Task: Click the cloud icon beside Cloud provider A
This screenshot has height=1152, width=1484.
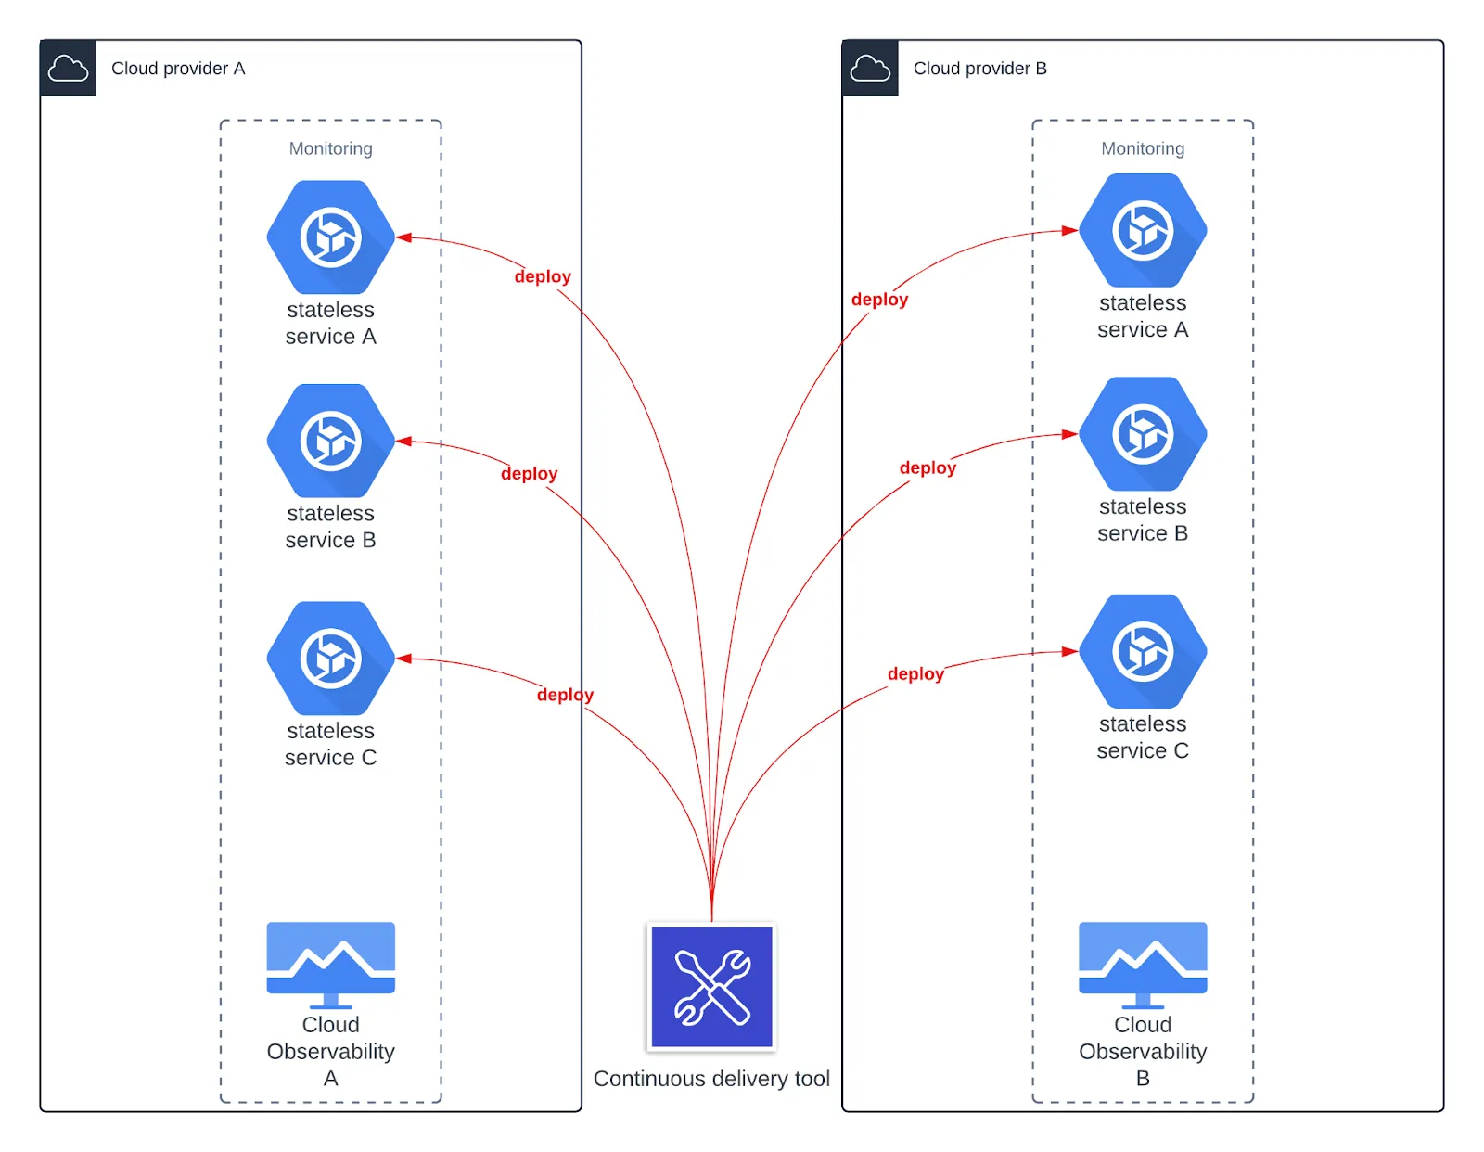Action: coord(68,68)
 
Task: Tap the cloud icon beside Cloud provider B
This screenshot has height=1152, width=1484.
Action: coord(870,68)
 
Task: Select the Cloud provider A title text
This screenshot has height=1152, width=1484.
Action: coord(178,69)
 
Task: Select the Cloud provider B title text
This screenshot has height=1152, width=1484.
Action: coord(979,69)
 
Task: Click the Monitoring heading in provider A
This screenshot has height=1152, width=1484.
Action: coord(330,148)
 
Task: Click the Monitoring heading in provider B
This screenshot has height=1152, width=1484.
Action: coord(1143,148)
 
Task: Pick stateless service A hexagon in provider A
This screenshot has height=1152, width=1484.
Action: coord(331,237)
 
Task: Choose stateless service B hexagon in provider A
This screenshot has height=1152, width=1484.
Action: coord(331,441)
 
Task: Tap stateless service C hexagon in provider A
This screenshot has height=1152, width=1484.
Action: coord(331,658)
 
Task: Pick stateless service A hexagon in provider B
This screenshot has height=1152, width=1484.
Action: coord(1143,230)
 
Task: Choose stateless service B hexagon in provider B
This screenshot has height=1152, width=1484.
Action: coord(1143,433)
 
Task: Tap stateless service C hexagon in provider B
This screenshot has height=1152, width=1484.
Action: coord(1143,651)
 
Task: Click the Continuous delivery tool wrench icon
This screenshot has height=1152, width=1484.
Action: coord(711,987)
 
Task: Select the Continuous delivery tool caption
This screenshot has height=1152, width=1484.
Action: coord(711,1079)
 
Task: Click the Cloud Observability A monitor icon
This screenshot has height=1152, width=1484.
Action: coord(331,963)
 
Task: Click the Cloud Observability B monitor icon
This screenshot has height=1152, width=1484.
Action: coord(1143,963)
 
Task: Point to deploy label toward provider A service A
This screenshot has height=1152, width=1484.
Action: coord(543,276)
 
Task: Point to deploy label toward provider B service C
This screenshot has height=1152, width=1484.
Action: coord(915,674)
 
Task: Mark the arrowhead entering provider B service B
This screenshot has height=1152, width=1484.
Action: coord(1069,433)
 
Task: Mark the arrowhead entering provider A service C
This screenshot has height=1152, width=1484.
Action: coord(404,659)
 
